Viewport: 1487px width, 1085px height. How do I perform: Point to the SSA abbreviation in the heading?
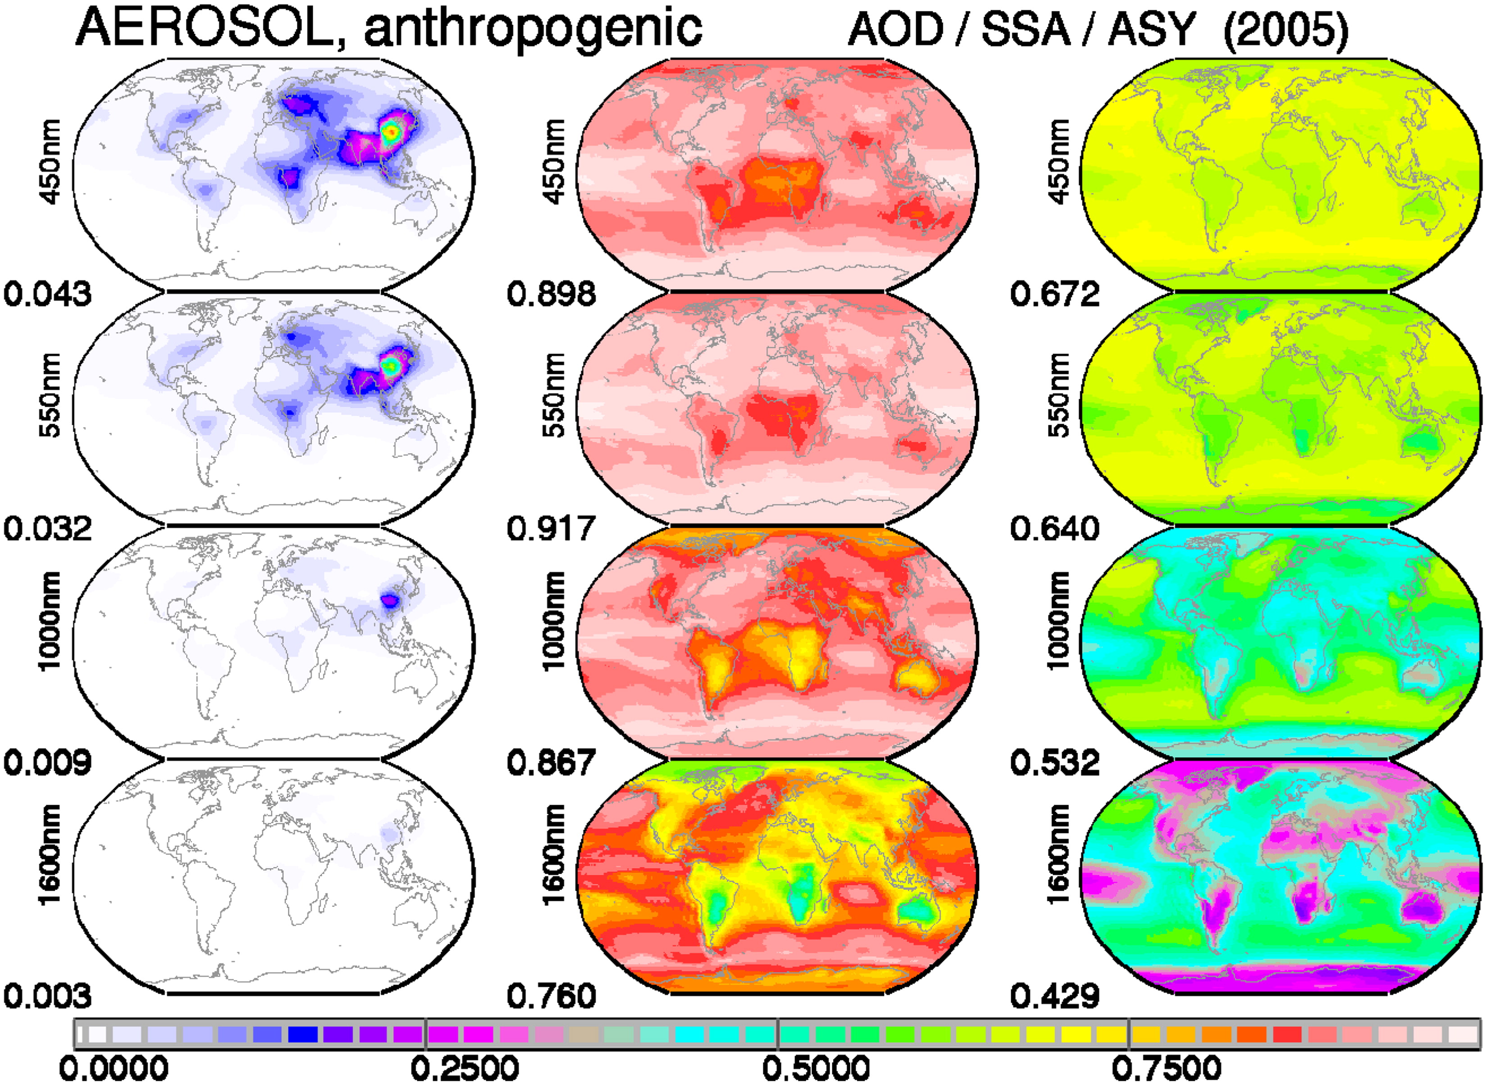coord(1026,30)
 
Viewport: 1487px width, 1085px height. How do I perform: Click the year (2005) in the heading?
coord(1286,30)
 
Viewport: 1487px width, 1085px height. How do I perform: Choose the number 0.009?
coord(48,762)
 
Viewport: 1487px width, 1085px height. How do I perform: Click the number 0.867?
coord(551,762)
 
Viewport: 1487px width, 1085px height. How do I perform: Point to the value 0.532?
coord(1055,762)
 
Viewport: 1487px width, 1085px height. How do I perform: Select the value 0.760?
coord(551,996)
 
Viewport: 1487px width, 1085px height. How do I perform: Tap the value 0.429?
coord(1055,996)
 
